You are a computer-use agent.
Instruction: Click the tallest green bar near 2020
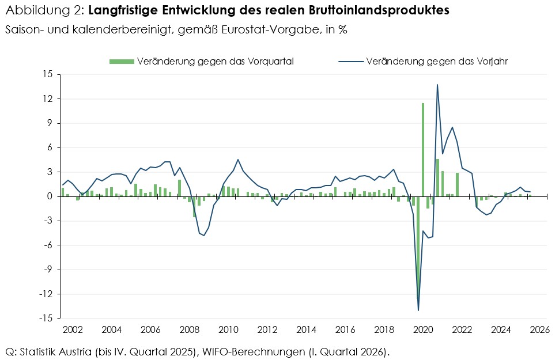click(x=423, y=150)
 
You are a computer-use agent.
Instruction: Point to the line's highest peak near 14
click(x=437, y=85)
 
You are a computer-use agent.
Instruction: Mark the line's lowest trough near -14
click(x=418, y=310)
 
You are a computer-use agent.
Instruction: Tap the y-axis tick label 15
click(x=47, y=75)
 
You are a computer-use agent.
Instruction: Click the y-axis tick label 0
click(x=50, y=196)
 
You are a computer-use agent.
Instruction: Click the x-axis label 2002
click(x=72, y=331)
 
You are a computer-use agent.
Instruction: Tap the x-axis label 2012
click(x=267, y=331)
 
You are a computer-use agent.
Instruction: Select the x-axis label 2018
click(x=384, y=331)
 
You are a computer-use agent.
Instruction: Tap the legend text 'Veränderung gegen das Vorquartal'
click(x=216, y=61)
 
